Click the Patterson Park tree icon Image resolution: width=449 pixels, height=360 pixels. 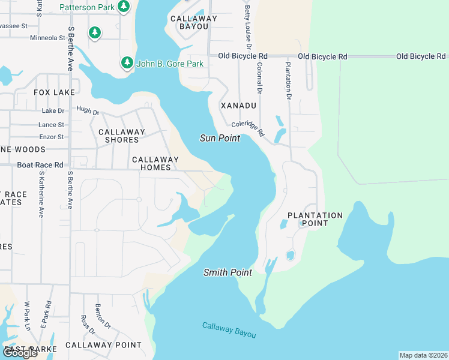tap(123, 7)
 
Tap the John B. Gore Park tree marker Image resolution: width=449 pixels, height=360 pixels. tap(127, 63)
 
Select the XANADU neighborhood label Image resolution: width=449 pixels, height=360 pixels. tap(238, 106)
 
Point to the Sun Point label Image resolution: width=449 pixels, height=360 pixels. tap(220, 138)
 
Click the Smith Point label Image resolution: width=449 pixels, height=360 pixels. tap(228, 272)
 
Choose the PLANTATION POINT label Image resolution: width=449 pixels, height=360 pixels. tap(315, 219)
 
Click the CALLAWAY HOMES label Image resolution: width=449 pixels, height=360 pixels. tap(155, 163)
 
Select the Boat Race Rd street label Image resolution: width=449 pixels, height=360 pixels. tap(40, 164)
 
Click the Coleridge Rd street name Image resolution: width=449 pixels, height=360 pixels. tap(248, 128)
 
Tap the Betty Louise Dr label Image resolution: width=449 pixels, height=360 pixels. tap(247, 28)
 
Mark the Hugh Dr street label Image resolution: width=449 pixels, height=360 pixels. tap(88, 110)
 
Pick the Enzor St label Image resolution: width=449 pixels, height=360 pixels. tap(51, 137)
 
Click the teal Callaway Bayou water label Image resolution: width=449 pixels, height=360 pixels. tap(229, 330)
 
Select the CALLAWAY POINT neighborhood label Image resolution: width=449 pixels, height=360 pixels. tap(103, 345)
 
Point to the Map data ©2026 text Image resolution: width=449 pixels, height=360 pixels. tap(423, 355)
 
